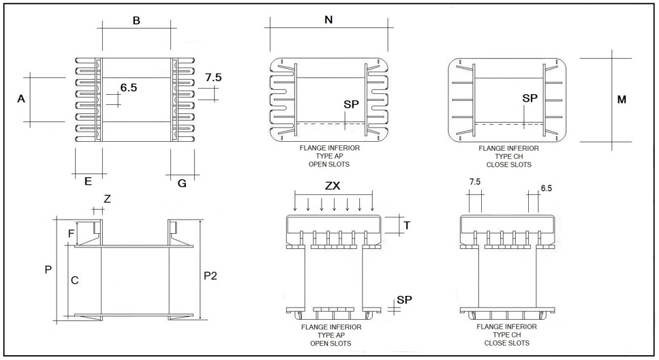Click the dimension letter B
coord(136,21)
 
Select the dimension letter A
coord(21,99)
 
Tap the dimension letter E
coord(88,181)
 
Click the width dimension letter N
coord(328,20)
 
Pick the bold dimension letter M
coord(621,100)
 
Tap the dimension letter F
coord(72,233)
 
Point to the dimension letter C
coord(75,280)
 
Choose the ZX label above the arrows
coord(333,185)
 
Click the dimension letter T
coord(407,225)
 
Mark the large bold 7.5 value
coord(213,77)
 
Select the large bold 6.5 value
coord(129,87)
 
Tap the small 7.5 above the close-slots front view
coord(476,182)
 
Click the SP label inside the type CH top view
coord(530,98)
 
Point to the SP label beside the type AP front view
coord(404,299)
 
